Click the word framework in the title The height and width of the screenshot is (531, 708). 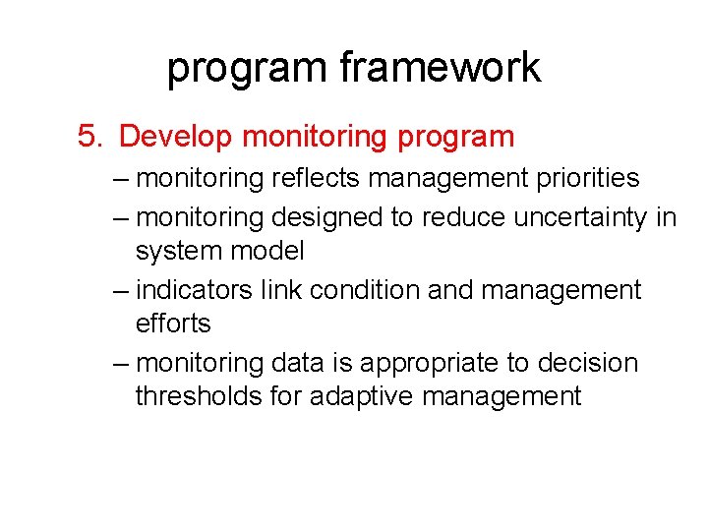click(x=440, y=68)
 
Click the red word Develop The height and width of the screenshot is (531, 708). click(x=175, y=137)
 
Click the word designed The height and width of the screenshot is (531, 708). click(x=327, y=217)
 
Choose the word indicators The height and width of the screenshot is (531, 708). click(x=196, y=290)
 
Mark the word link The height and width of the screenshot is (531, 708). click(x=279, y=290)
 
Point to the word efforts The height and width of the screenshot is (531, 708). click(x=173, y=324)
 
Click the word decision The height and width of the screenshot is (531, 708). click(x=586, y=363)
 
